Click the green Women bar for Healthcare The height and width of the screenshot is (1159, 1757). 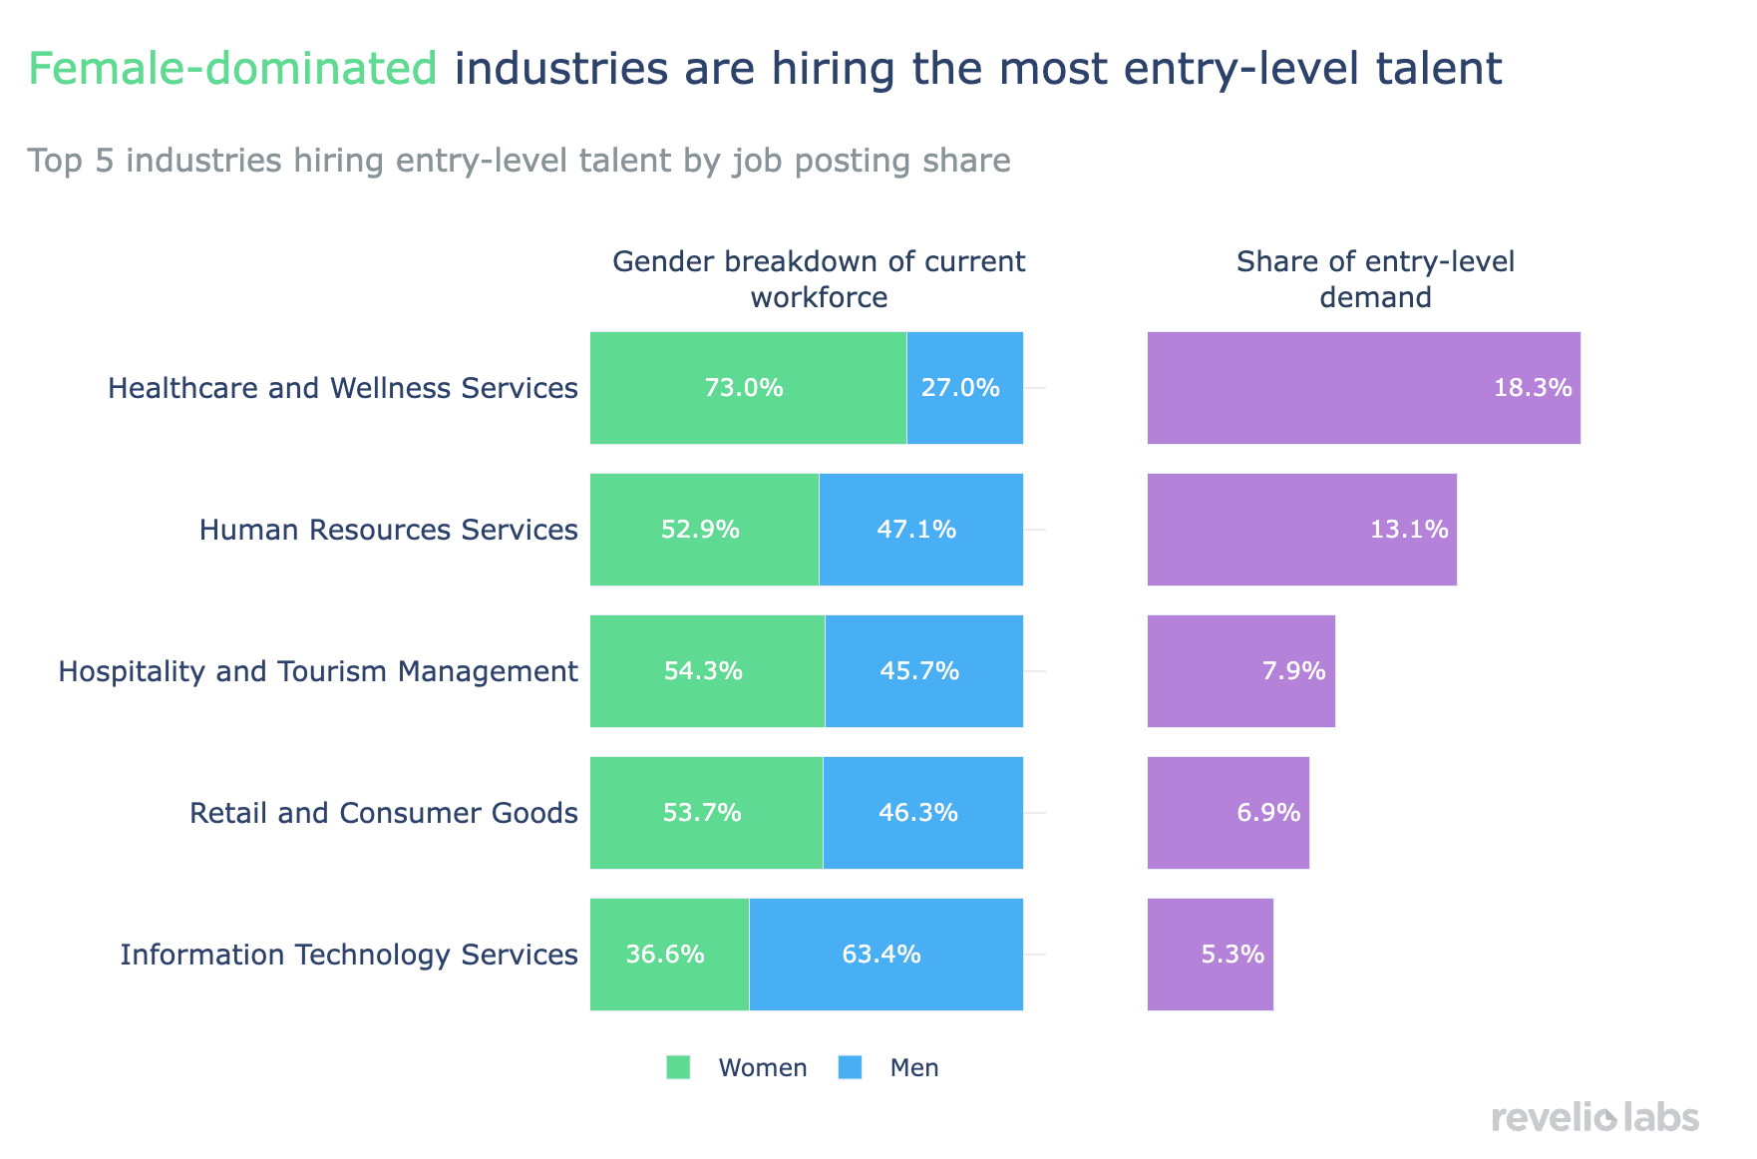coord(748,388)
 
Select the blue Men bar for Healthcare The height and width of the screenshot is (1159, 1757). coord(964,388)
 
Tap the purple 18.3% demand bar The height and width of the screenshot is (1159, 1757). coord(1363,388)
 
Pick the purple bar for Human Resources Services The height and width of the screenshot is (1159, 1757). coord(1301,530)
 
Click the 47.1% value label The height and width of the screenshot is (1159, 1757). coord(916,530)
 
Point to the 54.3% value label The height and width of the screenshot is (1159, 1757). coord(703,671)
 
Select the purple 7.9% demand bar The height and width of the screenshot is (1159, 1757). coord(1240,671)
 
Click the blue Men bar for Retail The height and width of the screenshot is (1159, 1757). coord(922,813)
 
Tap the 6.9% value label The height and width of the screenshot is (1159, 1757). coord(1268,813)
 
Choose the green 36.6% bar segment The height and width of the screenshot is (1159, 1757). coord(669,955)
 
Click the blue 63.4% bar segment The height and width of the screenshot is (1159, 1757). coord(885,955)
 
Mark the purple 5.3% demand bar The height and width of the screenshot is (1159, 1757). coord(1210,955)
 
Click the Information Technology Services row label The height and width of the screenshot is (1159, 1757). coord(349,955)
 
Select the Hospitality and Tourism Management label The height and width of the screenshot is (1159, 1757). coord(318,671)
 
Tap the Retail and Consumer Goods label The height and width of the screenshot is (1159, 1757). coord(384,813)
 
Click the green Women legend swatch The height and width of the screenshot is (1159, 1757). coord(678,1067)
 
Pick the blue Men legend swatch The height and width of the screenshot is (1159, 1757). coord(850,1067)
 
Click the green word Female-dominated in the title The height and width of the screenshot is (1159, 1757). coord(232,69)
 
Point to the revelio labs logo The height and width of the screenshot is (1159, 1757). coord(1595,1117)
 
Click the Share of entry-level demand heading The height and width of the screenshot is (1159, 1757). coord(1375,279)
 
